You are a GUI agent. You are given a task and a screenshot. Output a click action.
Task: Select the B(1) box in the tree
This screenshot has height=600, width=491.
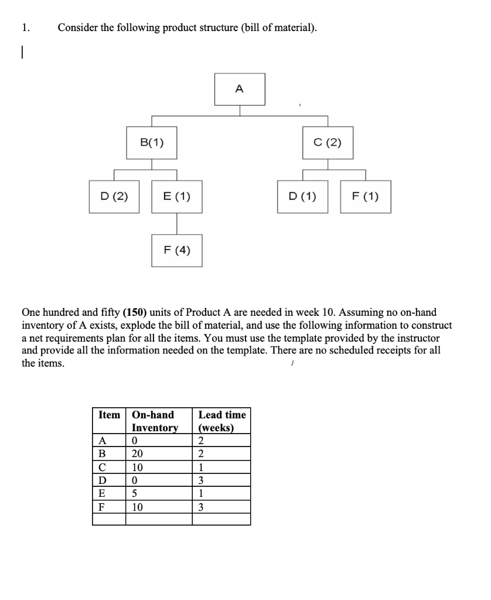[x=152, y=142]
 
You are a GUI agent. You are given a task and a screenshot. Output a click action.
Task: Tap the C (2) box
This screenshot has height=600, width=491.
[x=328, y=142]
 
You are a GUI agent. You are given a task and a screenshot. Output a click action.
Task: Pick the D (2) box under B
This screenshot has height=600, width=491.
[x=114, y=197]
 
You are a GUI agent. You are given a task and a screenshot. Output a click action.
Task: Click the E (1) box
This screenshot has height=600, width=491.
[x=177, y=197]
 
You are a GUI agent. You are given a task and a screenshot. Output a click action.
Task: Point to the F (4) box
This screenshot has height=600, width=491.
[x=177, y=250]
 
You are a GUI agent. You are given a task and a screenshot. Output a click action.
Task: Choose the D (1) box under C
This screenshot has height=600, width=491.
[x=303, y=197]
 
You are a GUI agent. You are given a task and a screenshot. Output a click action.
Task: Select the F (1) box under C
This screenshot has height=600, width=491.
[x=366, y=197]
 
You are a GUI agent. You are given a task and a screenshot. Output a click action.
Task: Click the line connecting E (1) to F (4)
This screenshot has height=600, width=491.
[x=177, y=223]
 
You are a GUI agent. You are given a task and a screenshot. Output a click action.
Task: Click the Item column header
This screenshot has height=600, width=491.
[x=109, y=415]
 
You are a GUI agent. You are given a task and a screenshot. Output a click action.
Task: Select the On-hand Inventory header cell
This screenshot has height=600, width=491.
[x=155, y=421]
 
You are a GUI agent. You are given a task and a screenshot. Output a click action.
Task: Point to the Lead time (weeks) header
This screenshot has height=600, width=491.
[x=222, y=421]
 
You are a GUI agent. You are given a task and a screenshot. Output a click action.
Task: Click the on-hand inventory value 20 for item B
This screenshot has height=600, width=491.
[x=137, y=454]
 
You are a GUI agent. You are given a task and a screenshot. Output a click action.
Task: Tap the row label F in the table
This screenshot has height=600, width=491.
[x=102, y=506]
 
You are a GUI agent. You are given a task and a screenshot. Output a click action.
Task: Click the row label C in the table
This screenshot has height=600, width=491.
[x=102, y=467]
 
